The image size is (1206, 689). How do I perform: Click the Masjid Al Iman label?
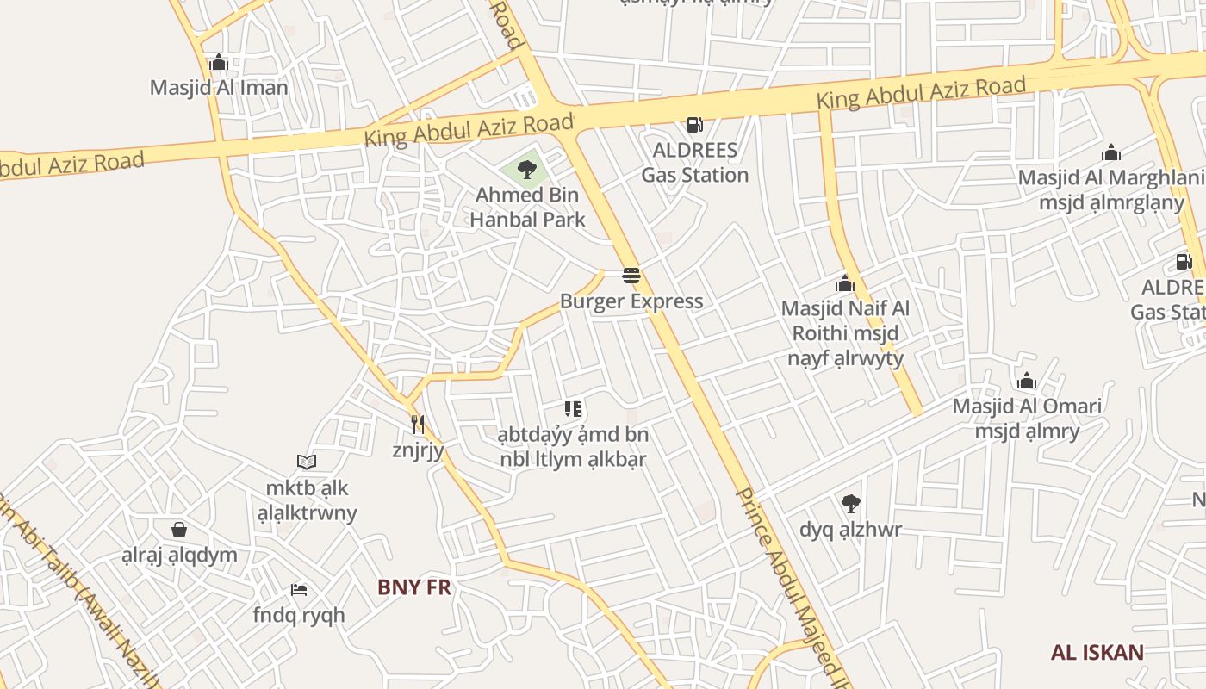coord(219,87)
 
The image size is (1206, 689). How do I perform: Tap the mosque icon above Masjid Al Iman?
coord(219,62)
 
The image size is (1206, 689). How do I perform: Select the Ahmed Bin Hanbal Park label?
coord(527,208)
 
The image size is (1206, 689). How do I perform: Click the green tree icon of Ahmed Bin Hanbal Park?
coord(527,170)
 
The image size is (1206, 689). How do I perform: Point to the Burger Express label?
coord(631,301)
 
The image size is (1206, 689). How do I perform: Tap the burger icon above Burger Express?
coord(631,276)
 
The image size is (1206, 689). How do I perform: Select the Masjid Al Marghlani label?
coord(1111,178)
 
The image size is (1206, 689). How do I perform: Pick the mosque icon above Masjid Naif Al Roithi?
coord(844,283)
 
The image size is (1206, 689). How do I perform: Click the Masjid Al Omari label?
coord(1027,406)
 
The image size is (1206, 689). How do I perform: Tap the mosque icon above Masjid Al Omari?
coord(1026,381)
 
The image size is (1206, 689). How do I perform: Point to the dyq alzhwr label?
coord(850,529)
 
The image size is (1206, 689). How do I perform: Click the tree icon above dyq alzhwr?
coord(850,503)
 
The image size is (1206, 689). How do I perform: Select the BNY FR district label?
coord(414,587)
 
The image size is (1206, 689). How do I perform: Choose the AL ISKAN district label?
coord(1097,652)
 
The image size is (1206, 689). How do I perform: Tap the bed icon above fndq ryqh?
coord(299,590)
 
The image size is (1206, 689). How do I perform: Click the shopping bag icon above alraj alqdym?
coord(179,529)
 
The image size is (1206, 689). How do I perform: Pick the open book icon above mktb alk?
coord(307,462)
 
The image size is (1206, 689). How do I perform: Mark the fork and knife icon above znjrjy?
coord(418,424)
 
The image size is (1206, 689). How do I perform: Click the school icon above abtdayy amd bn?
coord(573,408)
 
